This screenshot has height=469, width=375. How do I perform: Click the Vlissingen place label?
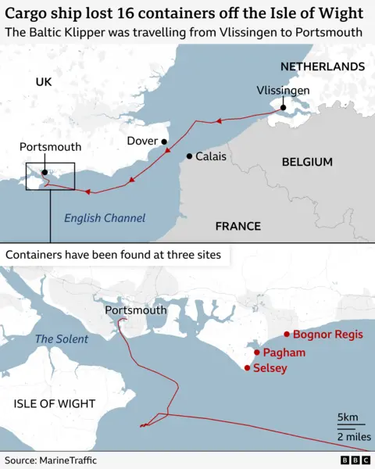point(283,91)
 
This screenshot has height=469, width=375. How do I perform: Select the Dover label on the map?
point(142,141)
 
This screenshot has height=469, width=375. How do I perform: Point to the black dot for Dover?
point(165,141)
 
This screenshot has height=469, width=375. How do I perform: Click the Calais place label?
point(210,156)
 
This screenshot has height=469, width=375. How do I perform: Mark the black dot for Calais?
point(188,156)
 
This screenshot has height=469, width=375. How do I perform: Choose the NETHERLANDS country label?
point(322,66)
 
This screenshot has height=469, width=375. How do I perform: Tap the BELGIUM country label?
point(306,162)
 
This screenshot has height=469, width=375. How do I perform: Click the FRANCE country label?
point(237,226)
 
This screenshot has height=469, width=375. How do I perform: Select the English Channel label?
point(105,218)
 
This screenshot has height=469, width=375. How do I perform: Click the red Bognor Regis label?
point(327,335)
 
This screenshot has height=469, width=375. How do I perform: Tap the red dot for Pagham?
point(256,353)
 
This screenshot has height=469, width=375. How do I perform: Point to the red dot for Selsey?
point(247,368)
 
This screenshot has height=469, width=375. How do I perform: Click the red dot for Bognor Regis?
point(287,335)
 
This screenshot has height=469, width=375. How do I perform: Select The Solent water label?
point(62,339)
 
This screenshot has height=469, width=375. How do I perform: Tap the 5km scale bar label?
point(348,415)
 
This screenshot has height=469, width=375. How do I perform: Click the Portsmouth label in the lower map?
point(135,310)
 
